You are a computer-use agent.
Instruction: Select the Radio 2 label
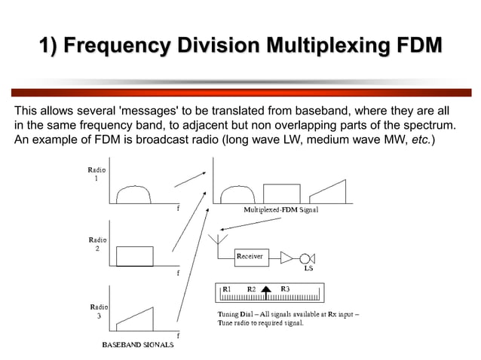[97, 243]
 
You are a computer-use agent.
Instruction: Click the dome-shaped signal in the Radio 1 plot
[133, 195]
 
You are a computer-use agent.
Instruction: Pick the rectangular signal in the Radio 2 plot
[135, 256]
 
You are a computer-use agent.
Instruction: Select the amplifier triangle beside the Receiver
[286, 258]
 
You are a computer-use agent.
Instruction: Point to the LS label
[308, 269]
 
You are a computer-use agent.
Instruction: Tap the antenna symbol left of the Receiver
[219, 243]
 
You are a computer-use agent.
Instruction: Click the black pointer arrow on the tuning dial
[266, 291]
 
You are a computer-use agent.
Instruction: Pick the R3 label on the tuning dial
[285, 288]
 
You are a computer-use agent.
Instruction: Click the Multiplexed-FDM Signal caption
[280, 210]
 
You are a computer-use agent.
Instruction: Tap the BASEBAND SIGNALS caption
[138, 344]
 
